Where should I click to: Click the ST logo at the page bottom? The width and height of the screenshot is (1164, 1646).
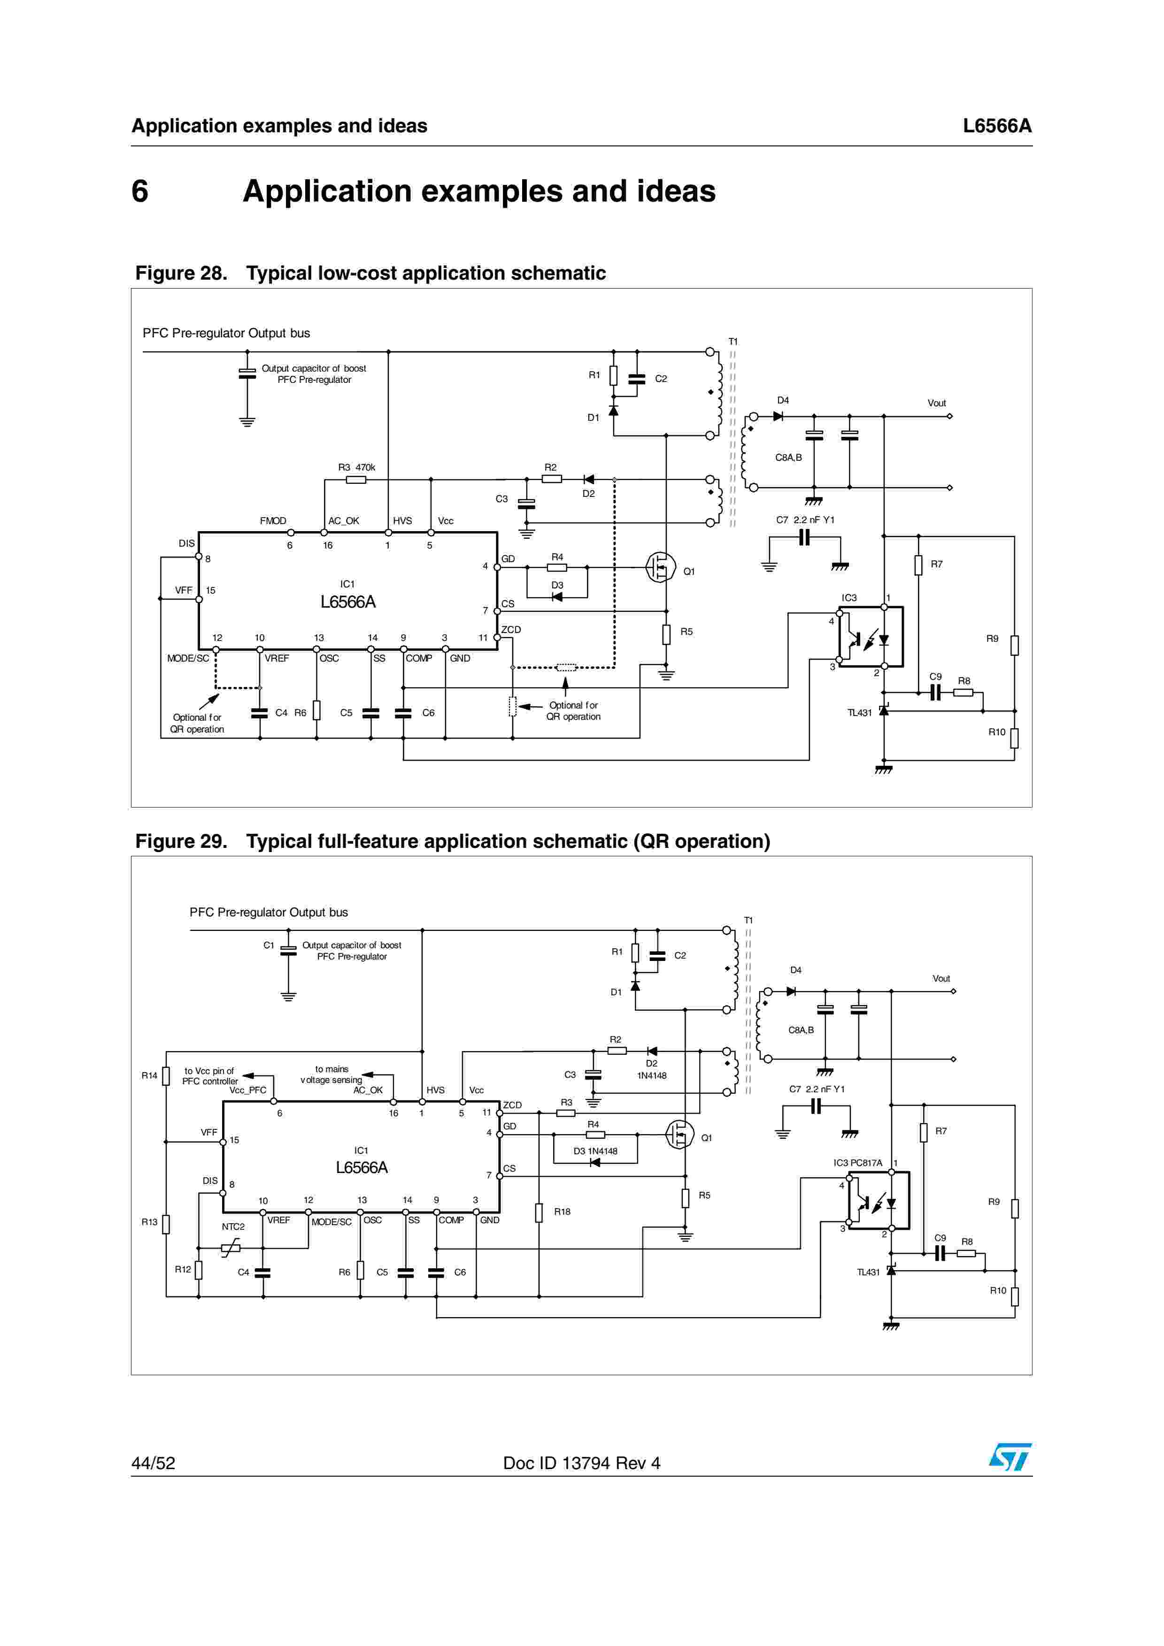point(1010,1457)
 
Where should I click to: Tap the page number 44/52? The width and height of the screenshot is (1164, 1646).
point(153,1463)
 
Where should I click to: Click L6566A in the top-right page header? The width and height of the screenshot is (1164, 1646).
point(996,126)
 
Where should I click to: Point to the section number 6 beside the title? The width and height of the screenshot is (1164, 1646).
point(140,191)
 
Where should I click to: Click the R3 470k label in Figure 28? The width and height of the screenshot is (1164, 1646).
point(356,467)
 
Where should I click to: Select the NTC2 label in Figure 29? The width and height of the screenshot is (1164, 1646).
point(233,1227)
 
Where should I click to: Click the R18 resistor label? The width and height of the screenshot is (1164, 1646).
point(562,1212)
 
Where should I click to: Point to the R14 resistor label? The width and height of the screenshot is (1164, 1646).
point(149,1075)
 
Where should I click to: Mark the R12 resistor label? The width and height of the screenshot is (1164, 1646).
point(183,1269)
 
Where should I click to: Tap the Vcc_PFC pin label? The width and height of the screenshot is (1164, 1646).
point(247,1090)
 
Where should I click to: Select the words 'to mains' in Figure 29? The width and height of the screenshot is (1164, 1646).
point(331,1069)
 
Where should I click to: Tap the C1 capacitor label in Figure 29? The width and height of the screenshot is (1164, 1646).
point(268,945)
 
